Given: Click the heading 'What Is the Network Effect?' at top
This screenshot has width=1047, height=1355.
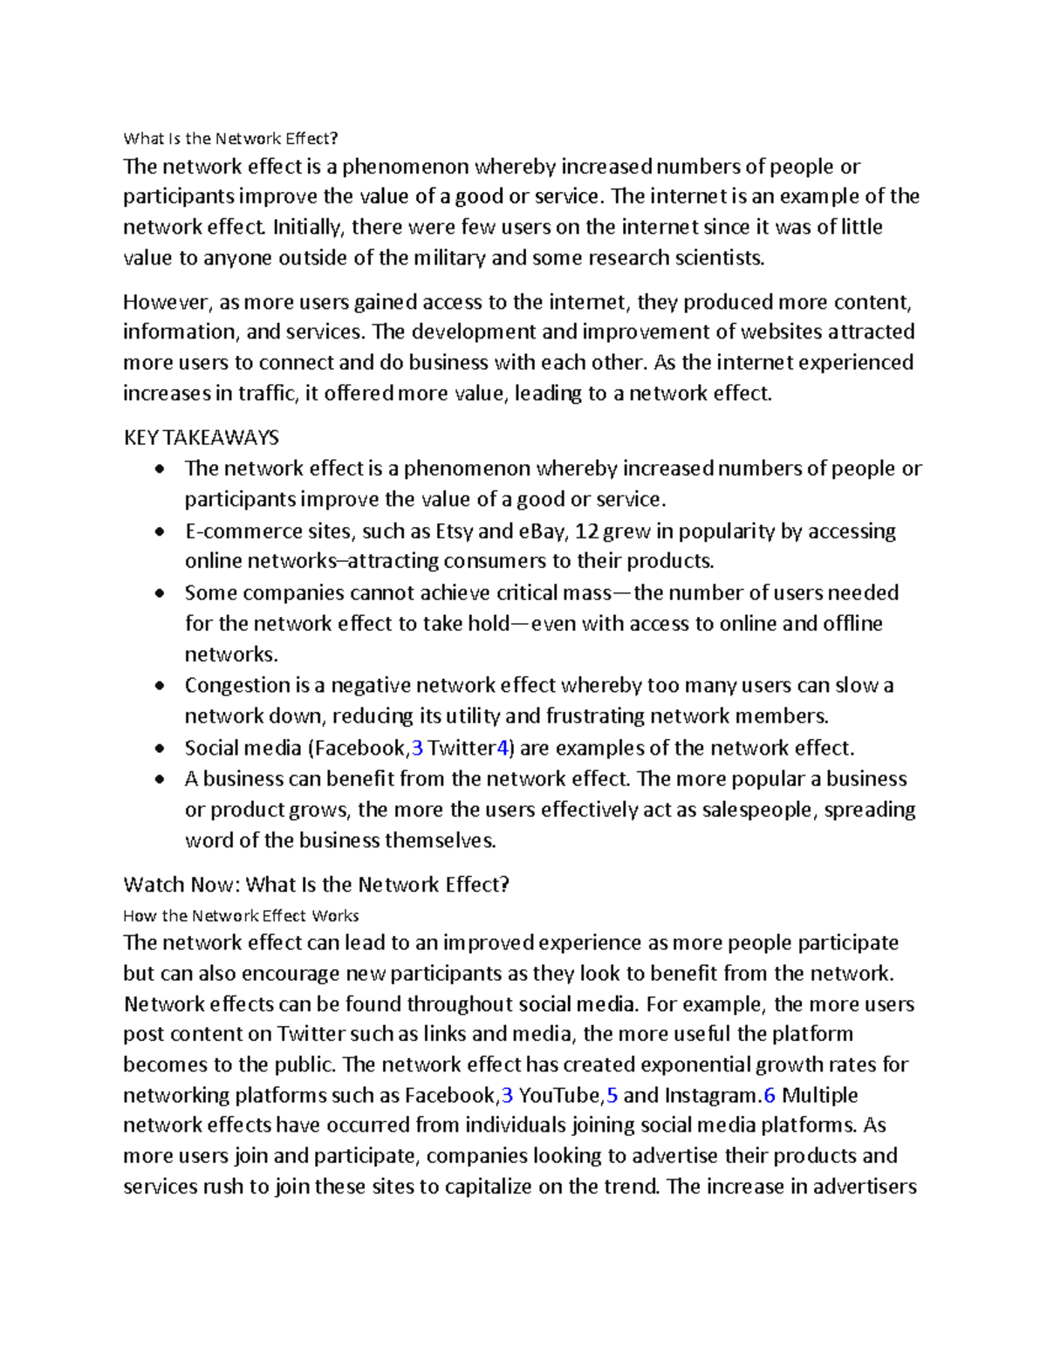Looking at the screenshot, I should click(x=229, y=138).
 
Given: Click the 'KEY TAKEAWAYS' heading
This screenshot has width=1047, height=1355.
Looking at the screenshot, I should click(x=201, y=437).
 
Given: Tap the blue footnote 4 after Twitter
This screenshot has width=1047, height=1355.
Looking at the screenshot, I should click(x=501, y=749).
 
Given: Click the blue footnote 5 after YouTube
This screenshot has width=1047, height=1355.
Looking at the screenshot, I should click(x=612, y=1095).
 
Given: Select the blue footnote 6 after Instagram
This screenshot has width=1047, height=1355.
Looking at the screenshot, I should click(x=769, y=1095).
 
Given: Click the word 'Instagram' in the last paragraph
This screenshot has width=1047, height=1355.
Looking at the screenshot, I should click(x=710, y=1095).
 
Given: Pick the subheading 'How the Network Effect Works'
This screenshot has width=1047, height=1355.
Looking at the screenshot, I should click(x=241, y=915).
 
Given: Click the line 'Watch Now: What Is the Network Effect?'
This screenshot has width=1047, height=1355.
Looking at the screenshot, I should click(x=316, y=885).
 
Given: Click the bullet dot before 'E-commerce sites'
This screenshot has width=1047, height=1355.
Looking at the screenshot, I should click(x=158, y=532).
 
